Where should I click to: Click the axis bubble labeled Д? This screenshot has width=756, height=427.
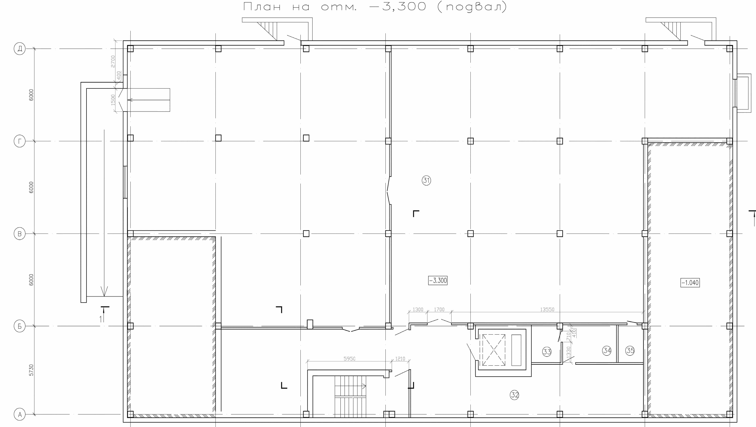[x=20, y=48]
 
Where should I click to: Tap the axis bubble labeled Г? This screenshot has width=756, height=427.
[x=20, y=141]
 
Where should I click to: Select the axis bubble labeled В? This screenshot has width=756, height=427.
[x=20, y=234]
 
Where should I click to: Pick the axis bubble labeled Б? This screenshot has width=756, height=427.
[x=20, y=326]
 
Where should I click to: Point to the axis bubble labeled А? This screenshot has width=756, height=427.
[x=20, y=414]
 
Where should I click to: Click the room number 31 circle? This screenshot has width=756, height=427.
[x=426, y=180]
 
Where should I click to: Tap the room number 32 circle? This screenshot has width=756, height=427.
[x=514, y=395]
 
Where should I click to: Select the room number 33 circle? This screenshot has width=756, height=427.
[x=547, y=352]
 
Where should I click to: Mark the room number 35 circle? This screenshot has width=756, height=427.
[x=630, y=350]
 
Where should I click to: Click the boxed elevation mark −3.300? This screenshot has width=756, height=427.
[x=438, y=280]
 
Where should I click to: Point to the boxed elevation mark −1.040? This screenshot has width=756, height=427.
[x=690, y=282]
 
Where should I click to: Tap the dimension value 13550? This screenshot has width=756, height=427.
[x=547, y=310]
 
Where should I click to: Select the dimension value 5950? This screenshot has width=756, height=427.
[x=349, y=359]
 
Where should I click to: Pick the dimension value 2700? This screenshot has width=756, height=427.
[x=113, y=61]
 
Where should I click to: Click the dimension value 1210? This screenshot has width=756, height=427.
[x=400, y=359]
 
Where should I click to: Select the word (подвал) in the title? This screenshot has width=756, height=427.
[x=472, y=6]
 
